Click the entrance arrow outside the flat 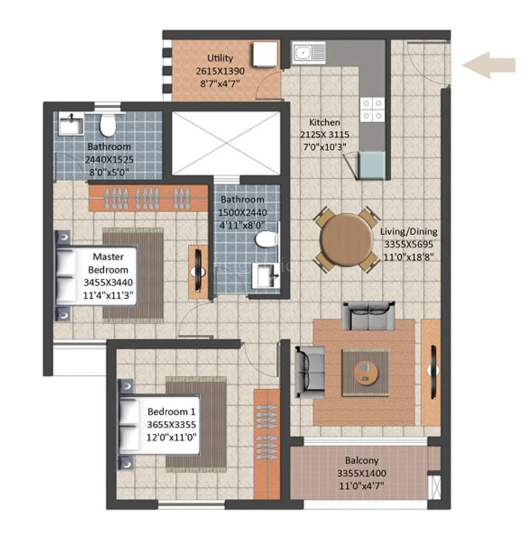(x=488, y=65)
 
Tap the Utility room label (x=220, y=58)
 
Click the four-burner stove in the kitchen (x=372, y=109)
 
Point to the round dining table (x=346, y=240)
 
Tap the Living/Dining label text (x=408, y=231)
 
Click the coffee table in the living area (x=366, y=373)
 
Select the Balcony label (x=362, y=461)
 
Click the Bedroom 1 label (x=172, y=411)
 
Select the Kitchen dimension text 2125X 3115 (x=325, y=134)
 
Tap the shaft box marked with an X (x=225, y=143)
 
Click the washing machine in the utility (x=266, y=54)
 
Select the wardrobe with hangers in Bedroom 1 (x=267, y=444)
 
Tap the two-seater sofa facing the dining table (x=368, y=316)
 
